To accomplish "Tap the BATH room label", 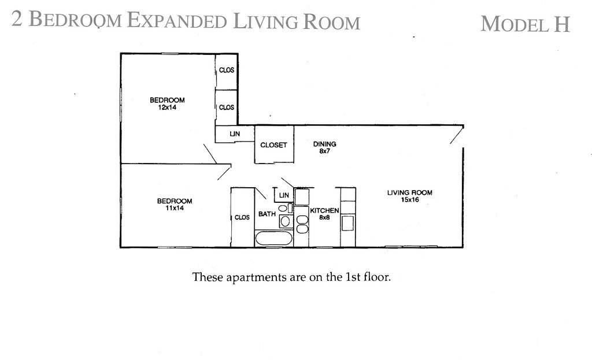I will pos(267,214).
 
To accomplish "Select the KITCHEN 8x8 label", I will pos(324,214).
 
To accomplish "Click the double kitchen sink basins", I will pos(302,224).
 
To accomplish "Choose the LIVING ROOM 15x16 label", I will pos(409,196).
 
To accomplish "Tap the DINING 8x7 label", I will pos(324,147).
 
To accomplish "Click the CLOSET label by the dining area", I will pos(273,145).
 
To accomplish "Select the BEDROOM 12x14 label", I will pos(167,103).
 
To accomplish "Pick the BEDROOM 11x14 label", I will pos(175,205).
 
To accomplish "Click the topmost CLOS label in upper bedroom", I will pos(227,70).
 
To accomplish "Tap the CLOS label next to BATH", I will pos(242,217).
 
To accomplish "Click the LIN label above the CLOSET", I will pos(235,134).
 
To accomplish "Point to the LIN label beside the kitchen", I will pos(284,195).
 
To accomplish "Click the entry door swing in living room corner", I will pos(456,136).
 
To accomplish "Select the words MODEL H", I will pos(525,24).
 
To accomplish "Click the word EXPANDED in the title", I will pos(176,21).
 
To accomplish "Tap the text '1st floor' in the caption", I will pos(368,277).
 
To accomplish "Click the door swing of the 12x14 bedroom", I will pos(210,154).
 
